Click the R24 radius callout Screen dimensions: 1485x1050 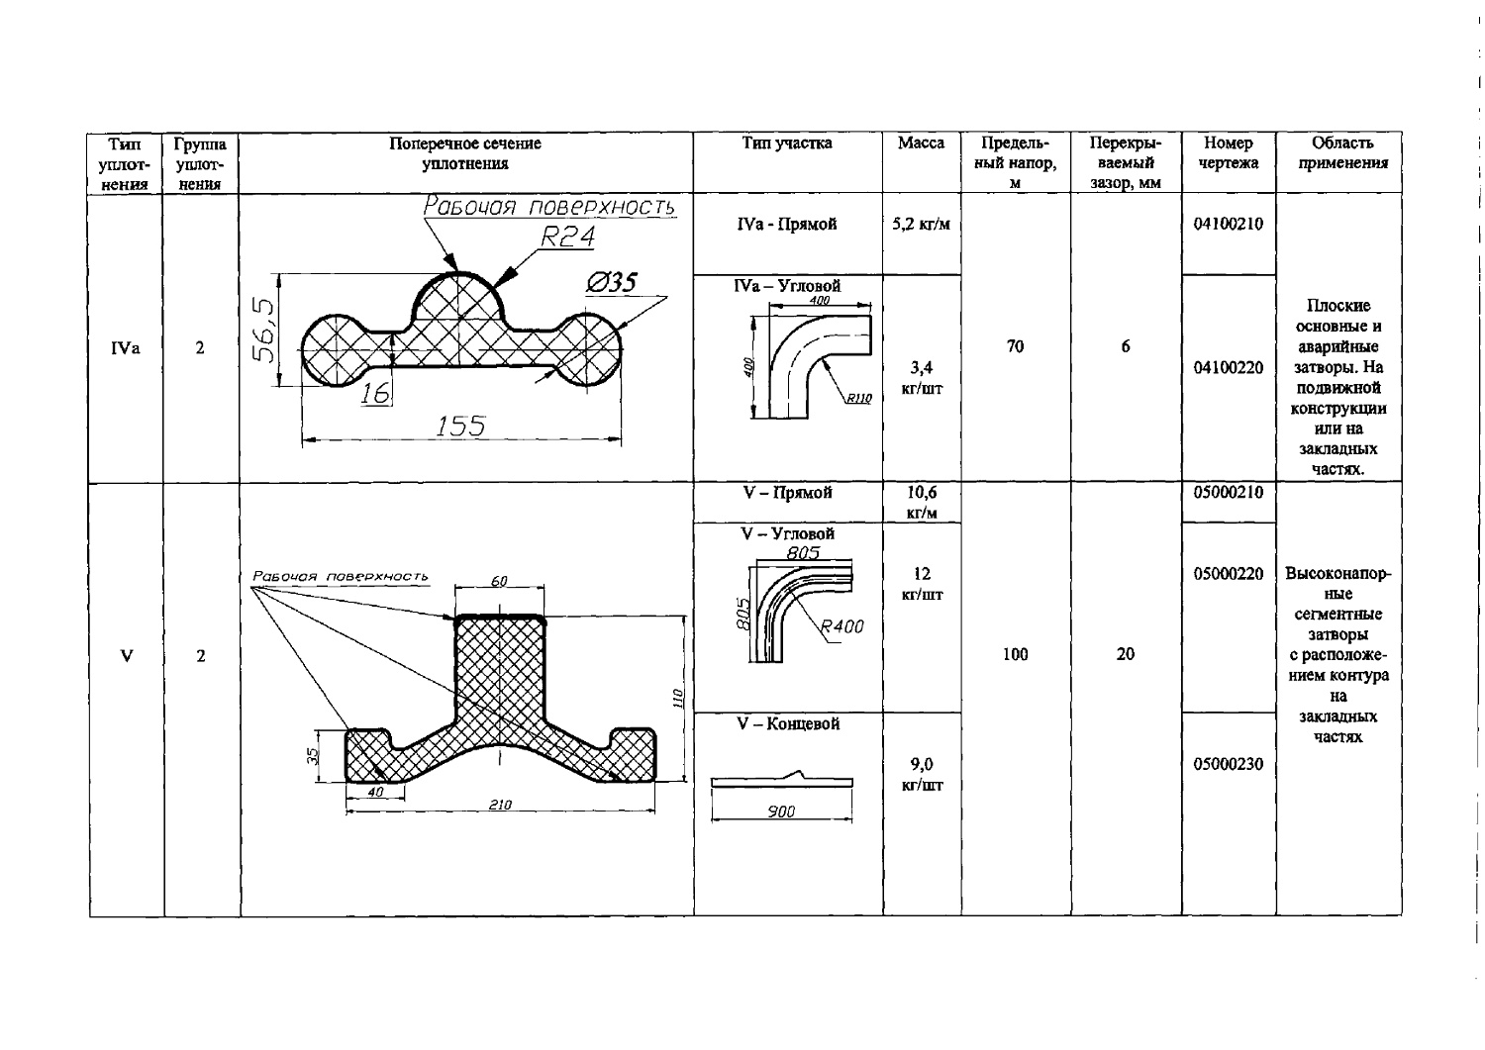click(567, 237)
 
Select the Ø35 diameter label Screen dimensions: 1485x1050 click(611, 283)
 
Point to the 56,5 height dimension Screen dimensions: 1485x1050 click(263, 330)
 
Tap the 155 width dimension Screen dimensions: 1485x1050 click(460, 426)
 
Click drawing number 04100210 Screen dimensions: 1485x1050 click(1228, 224)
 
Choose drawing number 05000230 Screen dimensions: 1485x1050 click(1228, 764)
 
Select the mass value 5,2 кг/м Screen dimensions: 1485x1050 click(921, 224)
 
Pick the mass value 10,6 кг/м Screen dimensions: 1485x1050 click(922, 503)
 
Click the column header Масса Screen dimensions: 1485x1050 click(921, 143)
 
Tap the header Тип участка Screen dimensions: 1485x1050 click(787, 143)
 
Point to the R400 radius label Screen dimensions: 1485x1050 click(841, 626)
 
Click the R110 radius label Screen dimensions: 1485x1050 click(858, 399)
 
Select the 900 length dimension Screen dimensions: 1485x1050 click(781, 811)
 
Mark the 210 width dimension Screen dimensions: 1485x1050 click(500, 805)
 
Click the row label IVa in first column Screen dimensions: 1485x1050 click(126, 348)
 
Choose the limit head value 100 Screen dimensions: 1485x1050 click(1015, 655)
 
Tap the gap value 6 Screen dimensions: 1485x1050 click(1125, 346)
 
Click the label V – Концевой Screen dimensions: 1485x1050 click(788, 723)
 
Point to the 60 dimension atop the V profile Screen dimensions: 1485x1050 click(499, 581)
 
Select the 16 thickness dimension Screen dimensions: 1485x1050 click(375, 393)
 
